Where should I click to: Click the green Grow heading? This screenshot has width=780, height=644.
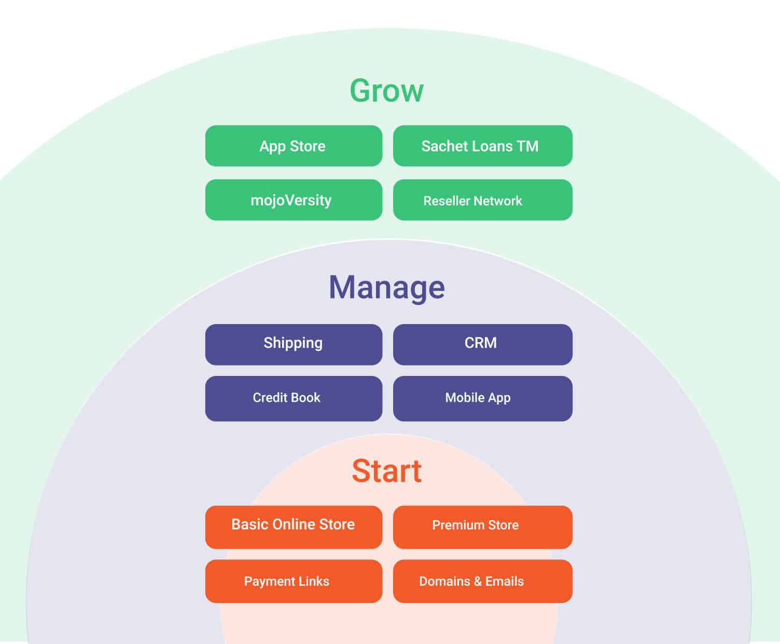(x=386, y=91)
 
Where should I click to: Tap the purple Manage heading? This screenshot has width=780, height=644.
(x=387, y=287)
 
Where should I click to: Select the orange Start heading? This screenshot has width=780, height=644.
(x=387, y=471)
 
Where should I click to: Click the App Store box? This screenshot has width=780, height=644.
(x=294, y=146)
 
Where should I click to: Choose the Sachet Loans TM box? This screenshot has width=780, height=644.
(x=482, y=146)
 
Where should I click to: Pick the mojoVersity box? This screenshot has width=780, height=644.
(x=294, y=200)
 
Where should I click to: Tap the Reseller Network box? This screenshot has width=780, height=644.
(x=482, y=200)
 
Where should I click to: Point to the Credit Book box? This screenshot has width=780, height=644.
(x=294, y=398)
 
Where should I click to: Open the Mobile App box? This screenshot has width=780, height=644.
(x=482, y=398)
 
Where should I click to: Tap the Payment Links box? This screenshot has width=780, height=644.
(x=294, y=581)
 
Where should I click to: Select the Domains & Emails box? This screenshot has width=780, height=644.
(x=482, y=581)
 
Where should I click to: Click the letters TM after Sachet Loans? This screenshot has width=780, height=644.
(x=527, y=146)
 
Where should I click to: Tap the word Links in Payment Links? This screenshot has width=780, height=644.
(x=313, y=581)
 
